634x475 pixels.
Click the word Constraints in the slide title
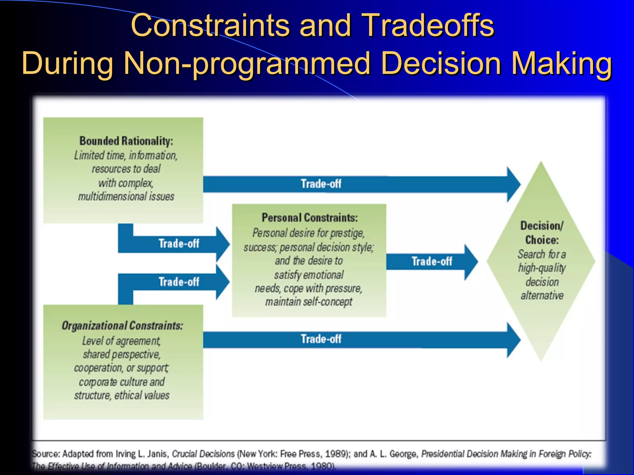pyautogui.click(x=211, y=25)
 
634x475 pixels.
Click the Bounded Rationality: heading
pyautogui.click(x=126, y=141)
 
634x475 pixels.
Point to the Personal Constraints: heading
pyautogui.click(x=310, y=218)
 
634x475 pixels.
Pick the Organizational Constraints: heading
pyautogui.click(x=122, y=326)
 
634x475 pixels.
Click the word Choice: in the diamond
pyautogui.click(x=542, y=240)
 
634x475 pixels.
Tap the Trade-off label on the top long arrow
pyautogui.click(x=321, y=184)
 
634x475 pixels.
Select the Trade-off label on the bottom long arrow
pyautogui.click(x=321, y=339)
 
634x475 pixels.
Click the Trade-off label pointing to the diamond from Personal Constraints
pyautogui.click(x=432, y=262)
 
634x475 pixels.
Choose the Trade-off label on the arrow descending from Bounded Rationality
pyautogui.click(x=179, y=244)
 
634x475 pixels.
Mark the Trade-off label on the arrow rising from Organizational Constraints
pyautogui.click(x=179, y=282)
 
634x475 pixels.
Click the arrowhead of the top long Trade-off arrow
pyautogui.click(x=514, y=185)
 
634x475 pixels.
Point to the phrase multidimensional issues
pyautogui.click(x=126, y=197)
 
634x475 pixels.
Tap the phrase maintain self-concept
pyautogui.click(x=309, y=302)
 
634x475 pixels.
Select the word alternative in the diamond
pyautogui.click(x=542, y=296)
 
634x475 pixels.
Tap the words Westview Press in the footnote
pyautogui.click(x=277, y=466)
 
